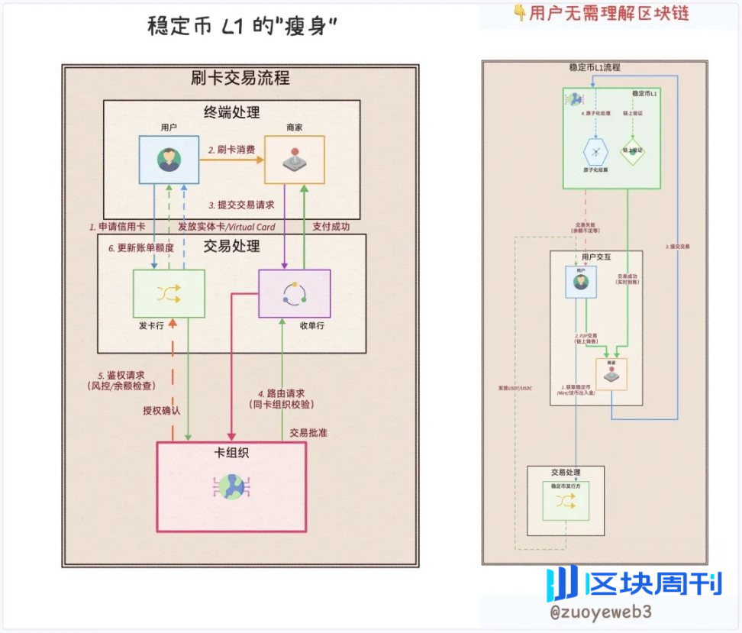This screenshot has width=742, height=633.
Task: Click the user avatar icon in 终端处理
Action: click(169, 160)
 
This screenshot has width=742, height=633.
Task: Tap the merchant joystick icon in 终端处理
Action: click(294, 160)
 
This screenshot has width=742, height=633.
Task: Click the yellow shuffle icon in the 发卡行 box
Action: click(169, 293)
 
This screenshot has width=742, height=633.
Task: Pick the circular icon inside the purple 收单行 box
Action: click(294, 293)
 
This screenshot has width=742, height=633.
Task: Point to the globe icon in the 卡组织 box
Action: click(231, 486)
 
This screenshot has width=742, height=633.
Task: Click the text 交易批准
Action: click(308, 433)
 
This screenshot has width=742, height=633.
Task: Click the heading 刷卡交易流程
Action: click(240, 78)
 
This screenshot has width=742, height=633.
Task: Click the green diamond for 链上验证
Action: click(632, 149)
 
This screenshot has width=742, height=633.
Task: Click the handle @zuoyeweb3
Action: click(601, 612)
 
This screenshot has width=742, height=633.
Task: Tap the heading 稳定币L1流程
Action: click(595, 68)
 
